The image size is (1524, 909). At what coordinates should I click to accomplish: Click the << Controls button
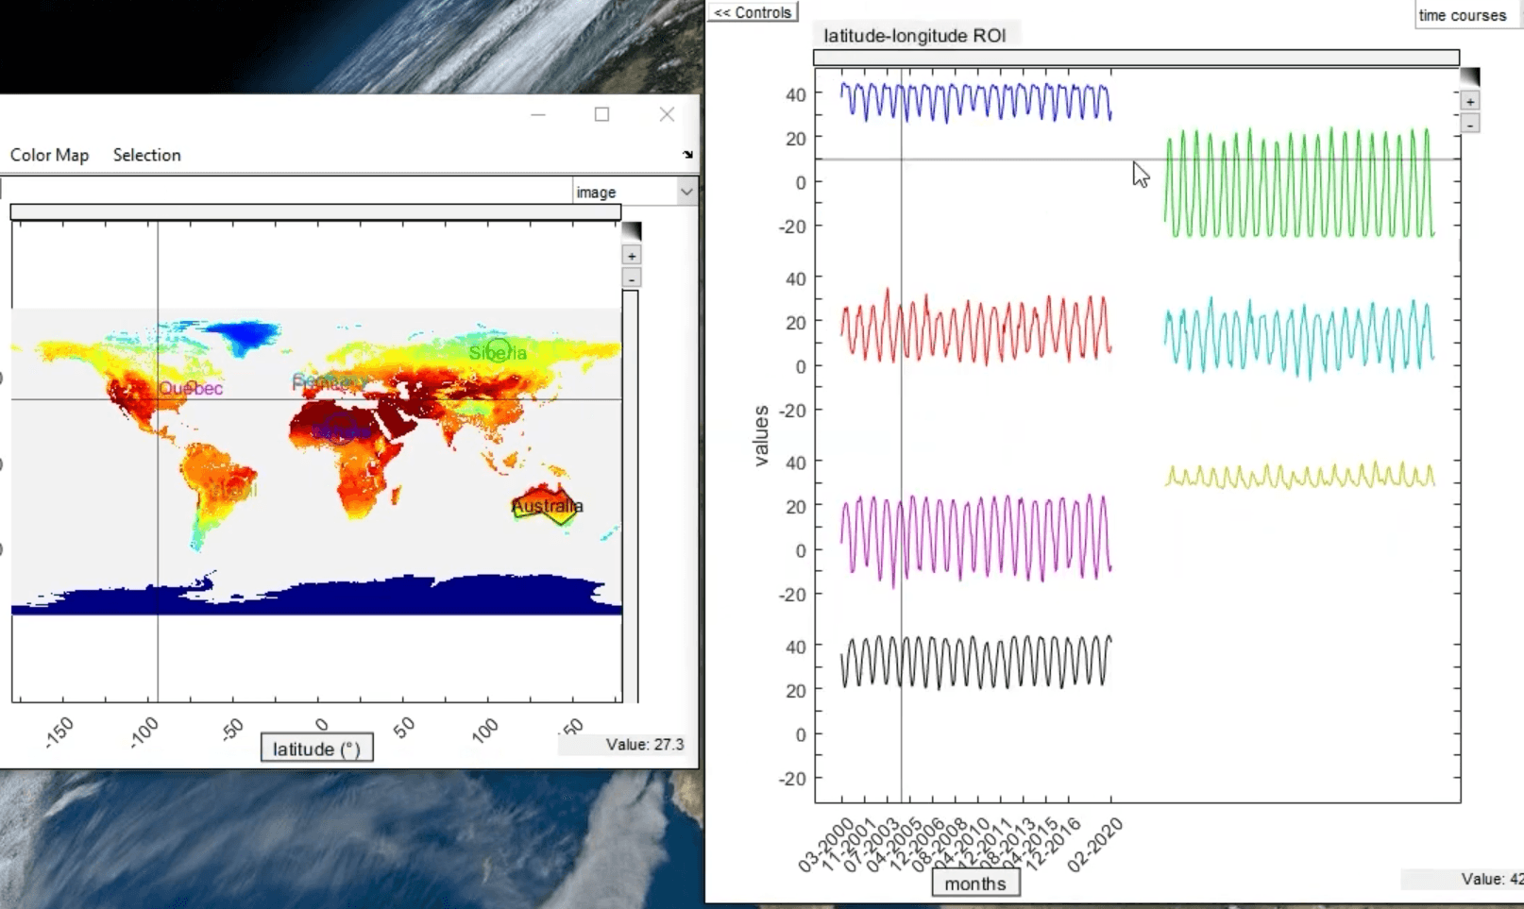click(x=753, y=12)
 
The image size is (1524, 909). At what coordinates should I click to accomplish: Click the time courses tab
click(x=1462, y=15)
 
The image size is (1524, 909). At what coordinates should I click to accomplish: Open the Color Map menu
click(x=49, y=155)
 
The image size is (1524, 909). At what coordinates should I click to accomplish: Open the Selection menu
click(x=146, y=155)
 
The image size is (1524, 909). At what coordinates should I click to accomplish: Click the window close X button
click(x=667, y=114)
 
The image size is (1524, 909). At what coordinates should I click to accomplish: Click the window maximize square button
click(x=601, y=114)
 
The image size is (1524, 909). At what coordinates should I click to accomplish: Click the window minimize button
click(x=538, y=114)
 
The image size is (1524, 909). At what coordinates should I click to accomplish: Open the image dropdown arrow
click(x=686, y=192)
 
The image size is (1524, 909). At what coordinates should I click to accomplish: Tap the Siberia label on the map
click(x=498, y=353)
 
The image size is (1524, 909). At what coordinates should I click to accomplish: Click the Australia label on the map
click(x=547, y=507)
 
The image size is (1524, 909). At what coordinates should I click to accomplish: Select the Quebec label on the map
click(x=191, y=388)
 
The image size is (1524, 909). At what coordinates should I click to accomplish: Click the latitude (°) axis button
click(x=316, y=749)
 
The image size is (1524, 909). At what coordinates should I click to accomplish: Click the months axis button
click(x=975, y=884)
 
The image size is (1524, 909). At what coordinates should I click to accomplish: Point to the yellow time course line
click(x=1300, y=478)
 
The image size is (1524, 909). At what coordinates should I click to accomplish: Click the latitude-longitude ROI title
click(x=914, y=36)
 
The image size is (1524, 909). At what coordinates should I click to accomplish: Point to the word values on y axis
click(x=762, y=435)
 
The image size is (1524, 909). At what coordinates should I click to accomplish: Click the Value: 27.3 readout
click(x=645, y=745)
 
